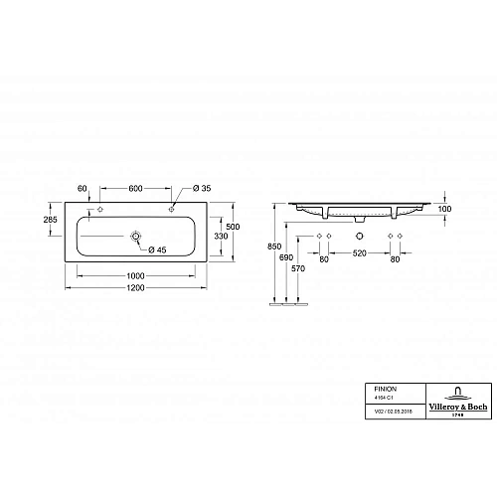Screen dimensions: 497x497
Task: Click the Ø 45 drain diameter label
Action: (157, 248)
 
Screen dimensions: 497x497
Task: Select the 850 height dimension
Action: (260, 244)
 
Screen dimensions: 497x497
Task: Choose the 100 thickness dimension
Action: (443, 211)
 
